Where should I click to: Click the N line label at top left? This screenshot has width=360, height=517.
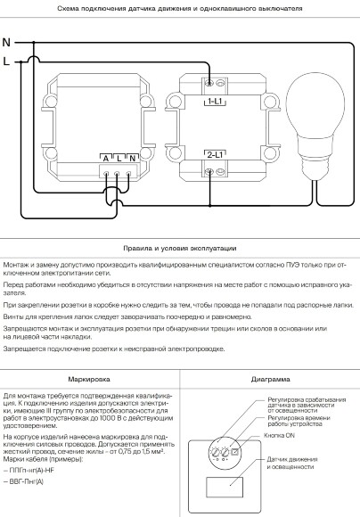tap(7, 42)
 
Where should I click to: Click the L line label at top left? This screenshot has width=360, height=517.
tap(7, 62)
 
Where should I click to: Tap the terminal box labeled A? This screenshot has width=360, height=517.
tap(107, 157)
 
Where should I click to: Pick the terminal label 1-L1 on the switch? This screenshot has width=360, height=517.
tap(215, 103)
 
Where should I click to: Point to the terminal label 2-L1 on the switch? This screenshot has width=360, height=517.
tap(215, 154)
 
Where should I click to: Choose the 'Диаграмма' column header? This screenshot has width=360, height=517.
tap(268, 379)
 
